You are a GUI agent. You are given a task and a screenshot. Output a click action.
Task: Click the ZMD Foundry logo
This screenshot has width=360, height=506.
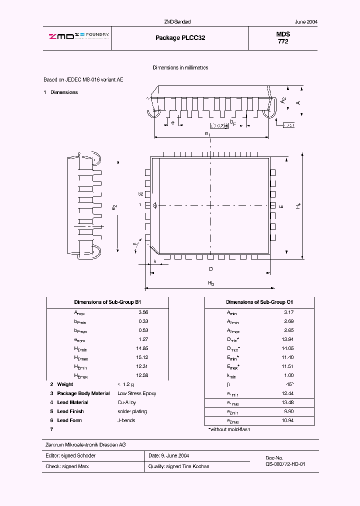click(x=78, y=35)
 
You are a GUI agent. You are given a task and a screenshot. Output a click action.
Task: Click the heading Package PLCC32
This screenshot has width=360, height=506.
click(x=180, y=38)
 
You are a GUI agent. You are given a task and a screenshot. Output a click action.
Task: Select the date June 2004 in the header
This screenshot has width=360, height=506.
click(x=306, y=22)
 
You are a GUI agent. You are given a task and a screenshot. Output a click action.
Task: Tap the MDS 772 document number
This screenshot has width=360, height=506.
click(x=283, y=38)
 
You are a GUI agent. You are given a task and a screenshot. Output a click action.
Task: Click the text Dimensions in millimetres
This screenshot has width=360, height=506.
click(x=180, y=67)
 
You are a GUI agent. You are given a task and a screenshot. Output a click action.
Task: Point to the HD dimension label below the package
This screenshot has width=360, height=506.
click(x=210, y=283)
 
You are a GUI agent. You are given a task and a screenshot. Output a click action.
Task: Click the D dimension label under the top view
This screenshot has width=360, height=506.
click(x=210, y=269)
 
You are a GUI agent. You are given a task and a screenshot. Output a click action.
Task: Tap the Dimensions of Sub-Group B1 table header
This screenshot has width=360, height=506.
click(x=107, y=302)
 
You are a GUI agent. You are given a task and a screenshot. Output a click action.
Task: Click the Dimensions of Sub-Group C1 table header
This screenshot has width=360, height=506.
click(x=259, y=302)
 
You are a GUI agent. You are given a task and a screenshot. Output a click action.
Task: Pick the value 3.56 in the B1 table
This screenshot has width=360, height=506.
click(x=143, y=312)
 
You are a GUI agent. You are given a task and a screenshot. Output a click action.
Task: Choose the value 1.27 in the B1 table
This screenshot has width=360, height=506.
click(x=143, y=339)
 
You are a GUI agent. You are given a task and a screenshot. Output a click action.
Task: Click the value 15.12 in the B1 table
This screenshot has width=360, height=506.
click(x=142, y=357)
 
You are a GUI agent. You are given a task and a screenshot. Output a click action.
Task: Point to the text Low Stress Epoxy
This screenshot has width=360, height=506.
click(x=136, y=393)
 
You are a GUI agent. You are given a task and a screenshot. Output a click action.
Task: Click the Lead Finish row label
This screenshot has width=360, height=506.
click(x=70, y=411)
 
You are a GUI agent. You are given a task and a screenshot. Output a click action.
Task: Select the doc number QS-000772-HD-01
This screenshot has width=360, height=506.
click(x=285, y=464)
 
